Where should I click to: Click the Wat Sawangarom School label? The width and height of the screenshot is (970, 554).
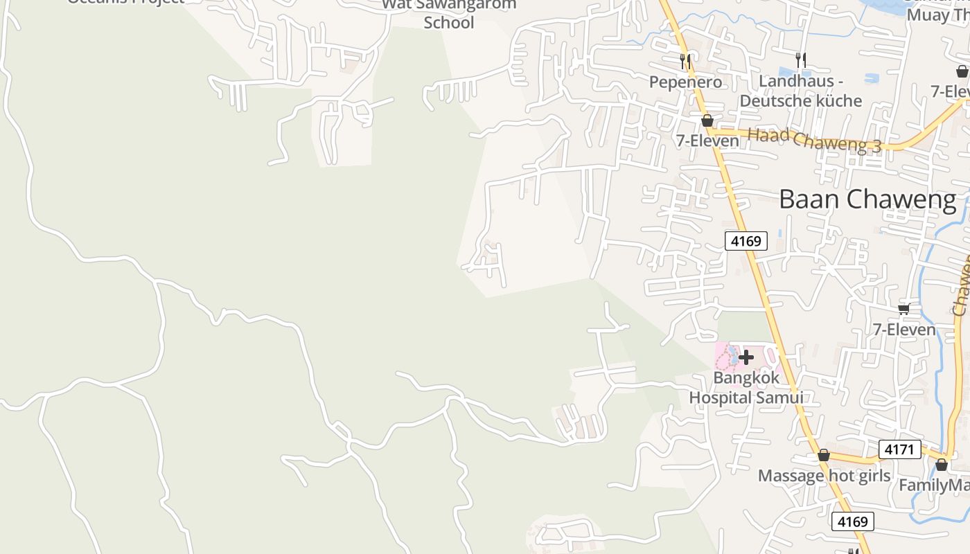tap(449, 14)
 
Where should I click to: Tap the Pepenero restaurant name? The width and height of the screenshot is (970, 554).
tap(685, 82)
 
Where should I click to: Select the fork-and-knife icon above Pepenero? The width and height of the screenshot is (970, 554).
tap(685, 62)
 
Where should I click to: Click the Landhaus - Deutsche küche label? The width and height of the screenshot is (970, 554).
tap(800, 91)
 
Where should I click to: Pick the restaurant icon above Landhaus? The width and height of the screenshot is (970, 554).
tap(801, 60)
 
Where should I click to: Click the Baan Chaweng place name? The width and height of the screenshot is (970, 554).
tap(867, 199)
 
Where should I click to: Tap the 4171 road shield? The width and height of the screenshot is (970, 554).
tap(899, 449)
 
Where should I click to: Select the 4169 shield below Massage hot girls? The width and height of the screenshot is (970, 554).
tap(852, 521)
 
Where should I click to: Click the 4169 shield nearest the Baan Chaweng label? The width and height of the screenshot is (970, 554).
tap(746, 241)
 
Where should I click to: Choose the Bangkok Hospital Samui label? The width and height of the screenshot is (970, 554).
tap(746, 388)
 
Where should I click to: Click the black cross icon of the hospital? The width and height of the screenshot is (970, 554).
tap(746, 357)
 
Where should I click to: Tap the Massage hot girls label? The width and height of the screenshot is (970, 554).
tap(824, 476)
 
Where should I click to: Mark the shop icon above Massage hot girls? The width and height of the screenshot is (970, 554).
tap(823, 455)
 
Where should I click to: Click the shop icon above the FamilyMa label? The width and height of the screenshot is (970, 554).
tap(942, 464)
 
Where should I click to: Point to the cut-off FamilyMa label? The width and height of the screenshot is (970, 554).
tap(934, 485)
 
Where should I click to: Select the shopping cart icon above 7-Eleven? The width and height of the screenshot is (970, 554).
tap(903, 309)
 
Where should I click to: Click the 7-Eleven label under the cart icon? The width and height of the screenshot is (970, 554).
tap(903, 330)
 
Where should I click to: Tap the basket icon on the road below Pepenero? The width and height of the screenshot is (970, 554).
tap(707, 120)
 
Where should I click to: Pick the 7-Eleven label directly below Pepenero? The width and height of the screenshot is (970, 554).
tap(707, 141)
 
